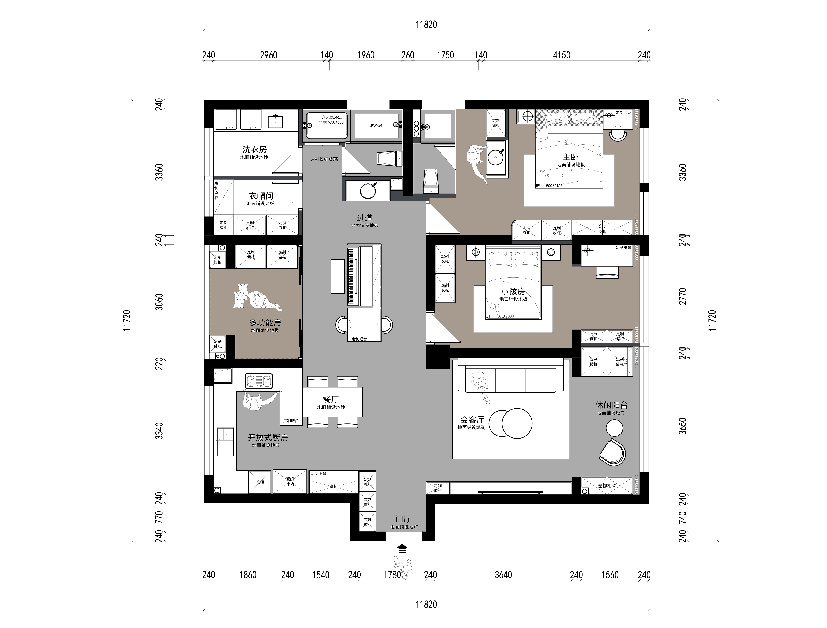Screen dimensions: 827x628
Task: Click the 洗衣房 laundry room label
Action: tap(255, 150)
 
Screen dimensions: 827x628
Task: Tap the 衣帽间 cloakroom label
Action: tap(261, 196)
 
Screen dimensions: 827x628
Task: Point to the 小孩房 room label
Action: tap(513, 292)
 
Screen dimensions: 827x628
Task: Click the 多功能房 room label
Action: tap(265, 322)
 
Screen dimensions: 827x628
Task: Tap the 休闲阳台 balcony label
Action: tap(611, 405)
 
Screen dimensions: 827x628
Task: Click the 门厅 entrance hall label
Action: tap(403, 519)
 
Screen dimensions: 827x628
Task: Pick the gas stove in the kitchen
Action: tap(259, 381)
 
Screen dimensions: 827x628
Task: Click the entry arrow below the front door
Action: tap(402, 549)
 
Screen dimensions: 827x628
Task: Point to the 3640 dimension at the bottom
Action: tap(503, 575)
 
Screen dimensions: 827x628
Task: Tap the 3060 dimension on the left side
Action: tap(159, 302)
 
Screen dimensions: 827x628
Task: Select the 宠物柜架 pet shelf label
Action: tap(606, 486)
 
